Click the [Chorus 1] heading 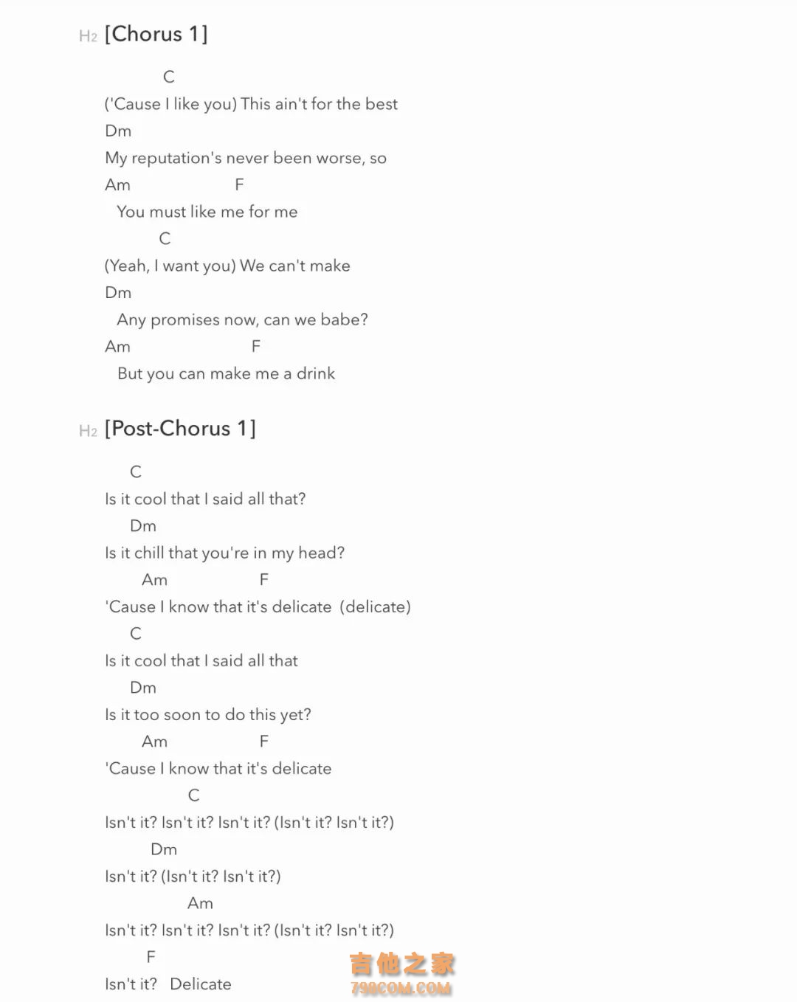(156, 34)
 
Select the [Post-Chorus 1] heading (180, 429)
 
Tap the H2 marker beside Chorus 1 (88, 36)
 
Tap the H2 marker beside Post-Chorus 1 (88, 431)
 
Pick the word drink (316, 373)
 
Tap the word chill (149, 553)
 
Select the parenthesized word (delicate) (375, 607)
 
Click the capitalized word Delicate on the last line (200, 984)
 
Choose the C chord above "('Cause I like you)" (169, 77)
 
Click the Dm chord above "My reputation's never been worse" (118, 131)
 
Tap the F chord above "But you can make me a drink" (256, 346)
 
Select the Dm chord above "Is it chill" (143, 525)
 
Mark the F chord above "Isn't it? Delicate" (151, 957)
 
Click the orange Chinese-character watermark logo (401, 964)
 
